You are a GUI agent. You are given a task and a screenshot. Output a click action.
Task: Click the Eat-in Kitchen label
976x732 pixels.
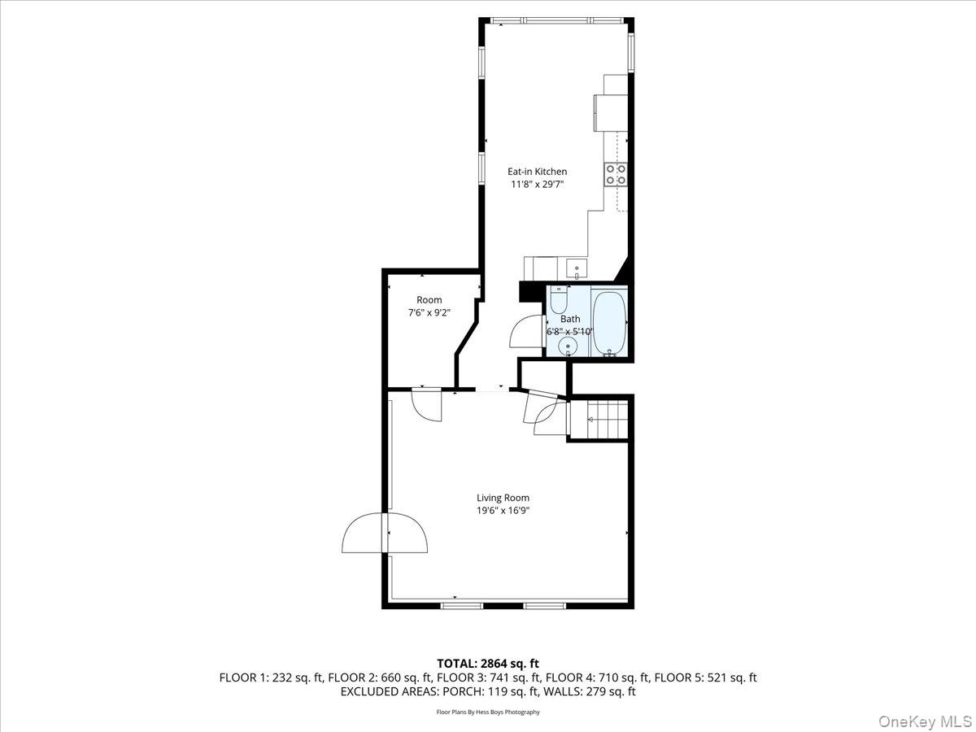click(x=537, y=172)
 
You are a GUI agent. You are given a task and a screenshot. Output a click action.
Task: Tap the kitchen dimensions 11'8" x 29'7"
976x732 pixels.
click(x=537, y=185)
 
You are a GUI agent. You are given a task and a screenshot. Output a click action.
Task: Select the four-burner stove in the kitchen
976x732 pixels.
click(x=615, y=174)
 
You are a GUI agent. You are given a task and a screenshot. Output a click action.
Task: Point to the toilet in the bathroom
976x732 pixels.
click(x=558, y=302)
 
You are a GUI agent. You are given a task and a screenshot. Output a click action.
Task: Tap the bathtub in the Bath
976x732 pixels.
click(x=608, y=323)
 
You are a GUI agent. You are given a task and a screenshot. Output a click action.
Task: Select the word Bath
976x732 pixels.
click(x=570, y=320)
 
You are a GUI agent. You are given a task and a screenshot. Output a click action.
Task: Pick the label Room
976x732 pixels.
click(x=429, y=300)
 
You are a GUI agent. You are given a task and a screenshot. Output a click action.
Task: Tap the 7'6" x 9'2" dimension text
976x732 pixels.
click(x=429, y=312)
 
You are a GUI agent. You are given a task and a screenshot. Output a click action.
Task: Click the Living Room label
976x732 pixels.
click(x=503, y=498)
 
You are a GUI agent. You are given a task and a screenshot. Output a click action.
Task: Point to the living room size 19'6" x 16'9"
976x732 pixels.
click(x=503, y=511)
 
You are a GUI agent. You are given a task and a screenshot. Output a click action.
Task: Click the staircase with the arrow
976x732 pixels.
click(x=599, y=419)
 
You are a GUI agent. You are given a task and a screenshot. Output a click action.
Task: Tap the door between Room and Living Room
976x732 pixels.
click(x=426, y=404)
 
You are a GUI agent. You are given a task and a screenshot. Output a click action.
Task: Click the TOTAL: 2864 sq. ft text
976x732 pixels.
click(x=488, y=664)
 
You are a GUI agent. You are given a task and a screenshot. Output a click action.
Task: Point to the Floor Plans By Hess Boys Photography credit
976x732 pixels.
click(x=488, y=712)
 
